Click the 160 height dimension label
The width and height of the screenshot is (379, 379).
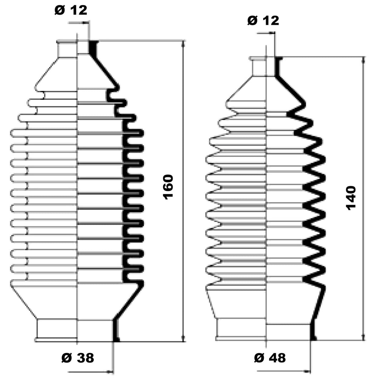tap(168, 187)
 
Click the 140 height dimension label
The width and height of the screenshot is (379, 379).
tap(351, 198)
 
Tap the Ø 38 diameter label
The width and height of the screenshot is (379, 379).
tap(78, 358)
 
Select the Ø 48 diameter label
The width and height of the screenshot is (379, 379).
tap(270, 358)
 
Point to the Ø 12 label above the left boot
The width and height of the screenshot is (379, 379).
tap(71, 10)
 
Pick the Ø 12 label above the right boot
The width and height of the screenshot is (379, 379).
tap(263, 20)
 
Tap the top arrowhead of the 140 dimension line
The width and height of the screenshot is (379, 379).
tap(363, 60)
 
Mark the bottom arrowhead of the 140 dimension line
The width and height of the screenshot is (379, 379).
tap(363, 337)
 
